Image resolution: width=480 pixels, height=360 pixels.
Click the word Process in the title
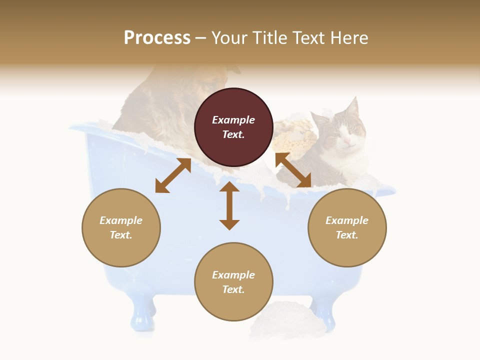click(157, 37)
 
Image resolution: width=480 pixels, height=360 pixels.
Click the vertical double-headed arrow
click(229, 205)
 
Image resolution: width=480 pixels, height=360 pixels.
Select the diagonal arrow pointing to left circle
click(173, 175)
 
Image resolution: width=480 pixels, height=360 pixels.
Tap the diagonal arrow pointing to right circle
click(293, 170)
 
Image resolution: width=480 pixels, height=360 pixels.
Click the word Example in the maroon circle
click(233, 120)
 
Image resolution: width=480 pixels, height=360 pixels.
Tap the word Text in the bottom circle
click(232, 289)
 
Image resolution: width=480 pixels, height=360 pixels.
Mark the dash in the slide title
click(201, 38)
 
